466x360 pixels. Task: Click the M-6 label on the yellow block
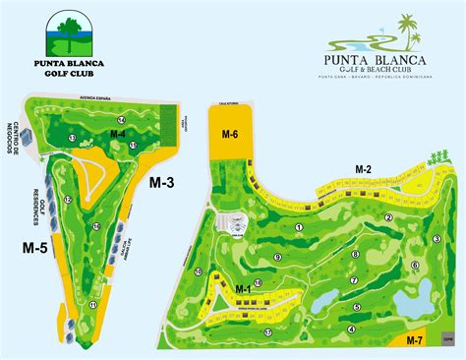[229, 135]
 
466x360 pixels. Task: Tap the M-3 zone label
[161, 182]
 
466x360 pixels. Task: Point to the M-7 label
[415, 340]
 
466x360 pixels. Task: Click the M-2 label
[362, 169]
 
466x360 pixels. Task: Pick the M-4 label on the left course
[117, 133]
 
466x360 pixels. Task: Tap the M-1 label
[244, 288]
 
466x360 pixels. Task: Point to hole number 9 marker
[278, 258]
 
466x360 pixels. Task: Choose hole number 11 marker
[92, 305]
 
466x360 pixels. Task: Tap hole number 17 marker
[267, 332]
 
